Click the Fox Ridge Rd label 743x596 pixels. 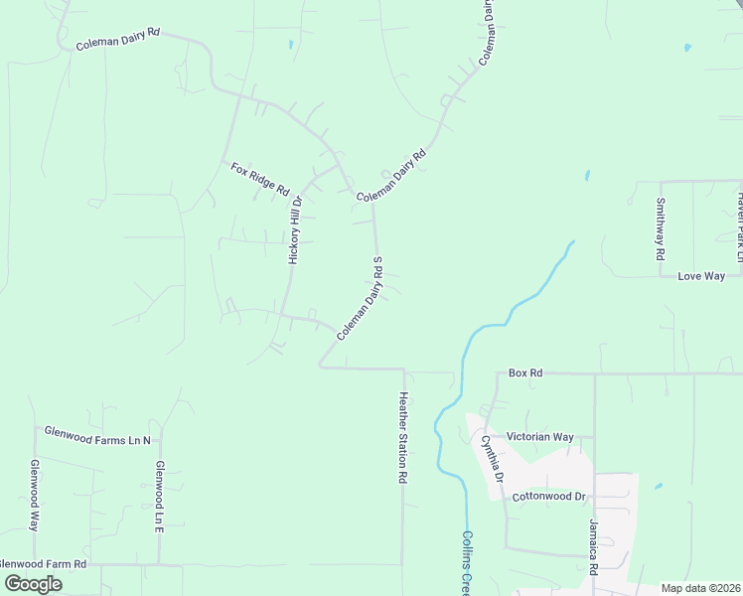click(x=259, y=179)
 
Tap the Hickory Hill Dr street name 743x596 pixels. click(x=294, y=228)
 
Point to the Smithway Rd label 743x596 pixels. click(x=660, y=229)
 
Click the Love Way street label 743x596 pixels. click(x=701, y=276)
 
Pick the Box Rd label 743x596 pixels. click(x=524, y=373)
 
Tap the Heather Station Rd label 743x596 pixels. click(x=403, y=438)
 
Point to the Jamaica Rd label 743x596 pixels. click(x=593, y=546)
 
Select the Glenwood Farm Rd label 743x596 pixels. click(x=44, y=564)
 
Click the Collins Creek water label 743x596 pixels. click(x=466, y=562)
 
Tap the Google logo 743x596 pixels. click(x=34, y=584)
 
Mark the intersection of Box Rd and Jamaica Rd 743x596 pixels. click(x=594, y=374)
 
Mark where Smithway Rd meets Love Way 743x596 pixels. click(x=661, y=276)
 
